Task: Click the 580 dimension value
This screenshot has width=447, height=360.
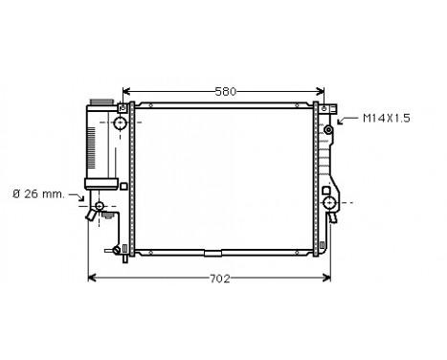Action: point(226,91)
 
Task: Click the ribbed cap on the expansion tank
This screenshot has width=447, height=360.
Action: point(100,102)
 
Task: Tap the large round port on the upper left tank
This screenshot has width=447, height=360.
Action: point(120,124)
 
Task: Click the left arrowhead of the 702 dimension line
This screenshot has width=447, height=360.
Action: point(93,280)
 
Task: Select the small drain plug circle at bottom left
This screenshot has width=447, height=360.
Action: point(119,251)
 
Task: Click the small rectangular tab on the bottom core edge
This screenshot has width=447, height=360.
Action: point(212,253)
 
